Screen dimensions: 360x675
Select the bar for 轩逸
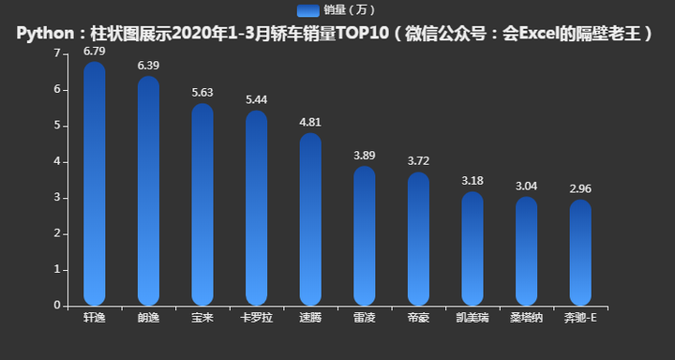(x=95, y=184)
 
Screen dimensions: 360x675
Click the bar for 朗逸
(x=148, y=191)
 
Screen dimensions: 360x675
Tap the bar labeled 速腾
(x=310, y=219)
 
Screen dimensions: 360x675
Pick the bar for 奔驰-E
(x=580, y=252)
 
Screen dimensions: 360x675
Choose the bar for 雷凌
(x=365, y=236)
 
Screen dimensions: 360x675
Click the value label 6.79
(x=95, y=50)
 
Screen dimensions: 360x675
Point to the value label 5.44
(x=256, y=98)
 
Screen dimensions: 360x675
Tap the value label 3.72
(x=418, y=161)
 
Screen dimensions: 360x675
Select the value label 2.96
(x=580, y=188)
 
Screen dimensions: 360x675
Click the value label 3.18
(x=472, y=180)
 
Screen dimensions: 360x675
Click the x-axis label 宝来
(x=202, y=318)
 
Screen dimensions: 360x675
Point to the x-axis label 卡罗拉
(x=256, y=318)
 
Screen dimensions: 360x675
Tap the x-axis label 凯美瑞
(x=472, y=318)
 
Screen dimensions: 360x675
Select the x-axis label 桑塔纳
(x=526, y=318)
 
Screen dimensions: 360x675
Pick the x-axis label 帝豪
(x=418, y=318)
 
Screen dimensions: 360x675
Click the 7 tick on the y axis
(x=57, y=53)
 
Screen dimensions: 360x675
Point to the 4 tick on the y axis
(x=57, y=161)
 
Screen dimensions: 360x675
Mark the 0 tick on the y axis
(x=57, y=306)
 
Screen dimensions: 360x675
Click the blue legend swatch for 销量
(x=307, y=9)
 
